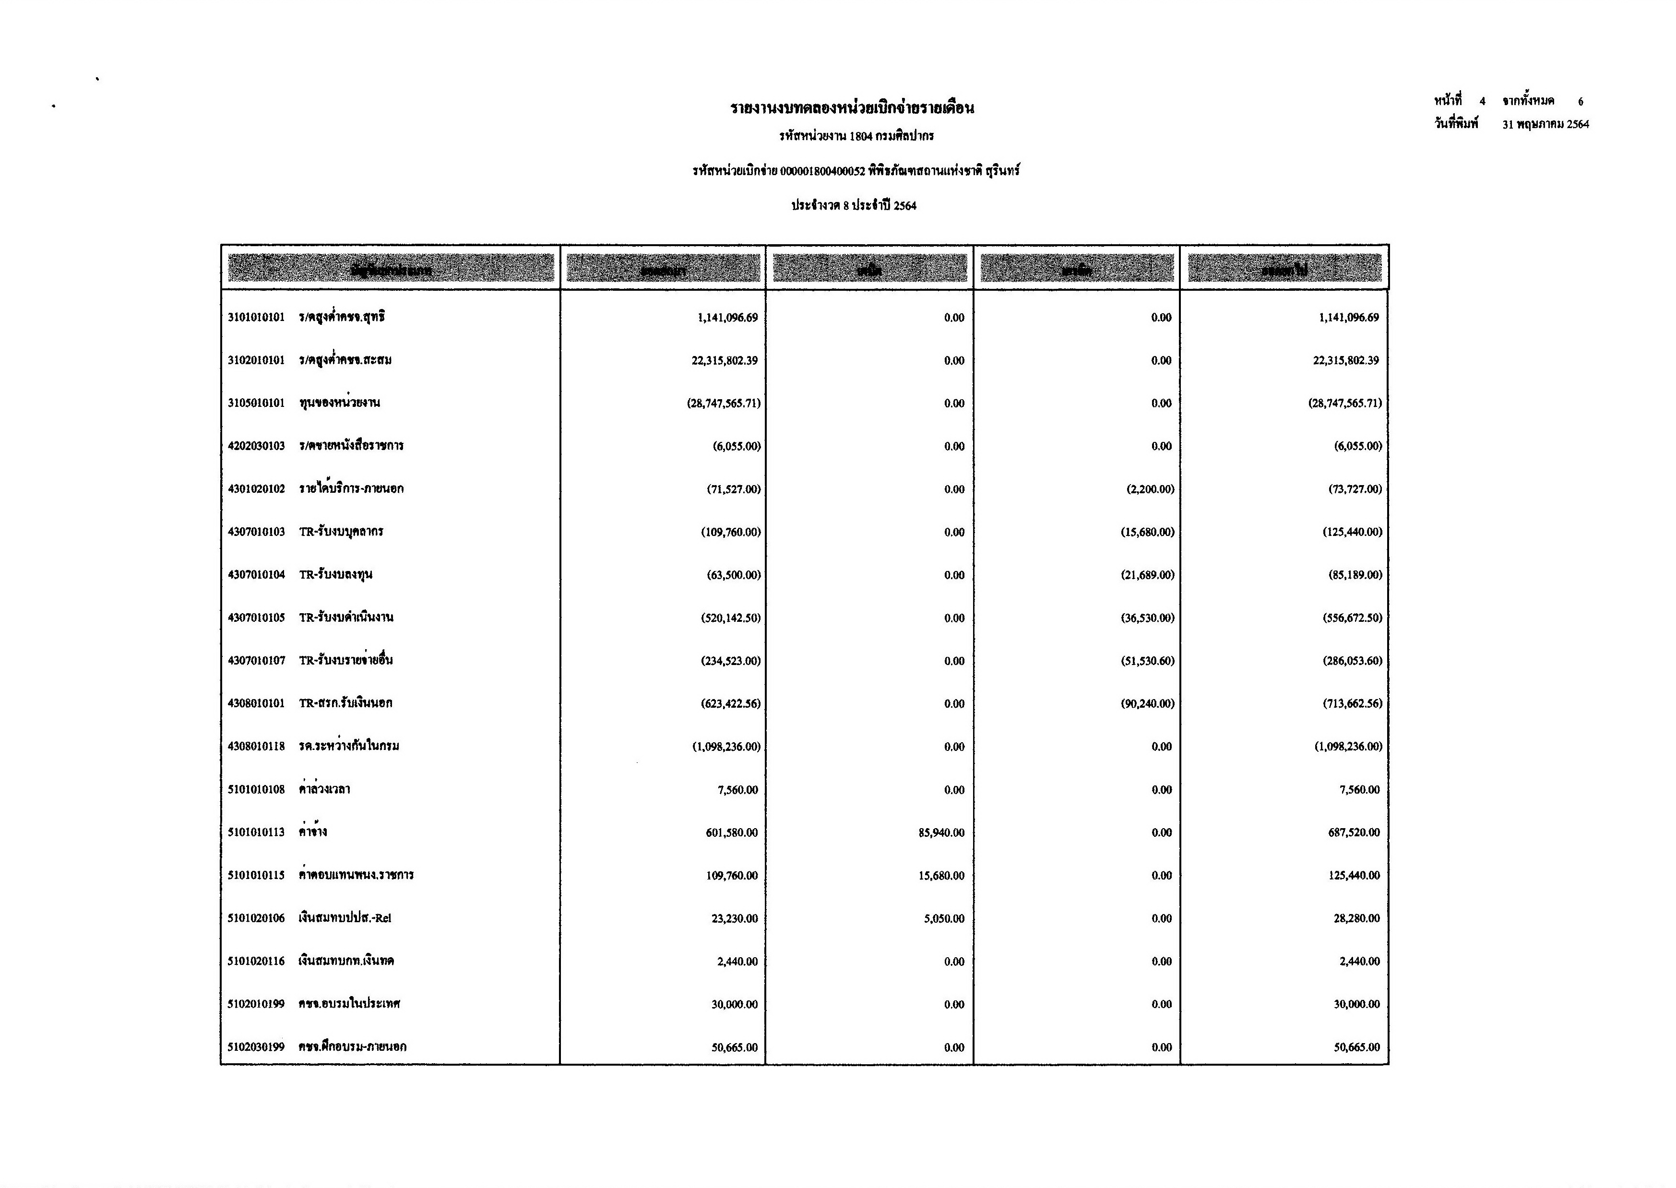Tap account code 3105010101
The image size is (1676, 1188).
(256, 403)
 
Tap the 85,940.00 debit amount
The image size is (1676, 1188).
(941, 832)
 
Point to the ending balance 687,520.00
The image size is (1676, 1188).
(1354, 832)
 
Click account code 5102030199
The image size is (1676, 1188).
(256, 1047)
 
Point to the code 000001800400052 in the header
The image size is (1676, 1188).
(822, 171)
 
